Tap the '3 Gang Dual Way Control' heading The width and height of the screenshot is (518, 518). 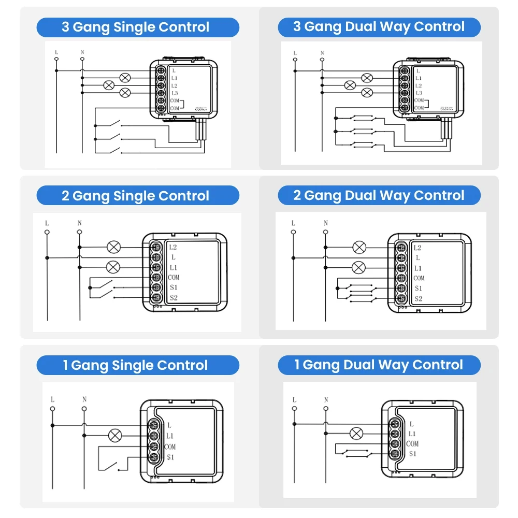[x=379, y=27]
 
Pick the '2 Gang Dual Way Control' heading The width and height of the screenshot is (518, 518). [x=379, y=196]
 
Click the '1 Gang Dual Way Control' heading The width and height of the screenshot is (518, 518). [x=379, y=365]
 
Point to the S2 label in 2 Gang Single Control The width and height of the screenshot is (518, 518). [x=173, y=298]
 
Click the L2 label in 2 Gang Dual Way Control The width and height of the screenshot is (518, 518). [x=418, y=248]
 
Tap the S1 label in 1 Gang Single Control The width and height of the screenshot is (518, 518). [x=170, y=457]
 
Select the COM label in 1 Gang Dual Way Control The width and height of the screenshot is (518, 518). [x=412, y=444]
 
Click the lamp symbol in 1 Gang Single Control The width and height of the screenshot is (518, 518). [x=115, y=435]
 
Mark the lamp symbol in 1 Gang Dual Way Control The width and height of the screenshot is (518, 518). [x=356, y=434]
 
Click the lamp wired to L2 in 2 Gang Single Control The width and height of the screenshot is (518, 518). [x=113, y=247]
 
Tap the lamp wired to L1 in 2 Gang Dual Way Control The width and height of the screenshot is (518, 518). [x=358, y=267]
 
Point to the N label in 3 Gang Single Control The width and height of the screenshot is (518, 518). [x=82, y=52]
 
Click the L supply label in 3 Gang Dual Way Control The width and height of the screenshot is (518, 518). [x=295, y=53]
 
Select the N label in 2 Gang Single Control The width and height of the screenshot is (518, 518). [x=79, y=223]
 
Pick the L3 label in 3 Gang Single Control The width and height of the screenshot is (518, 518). [x=174, y=93]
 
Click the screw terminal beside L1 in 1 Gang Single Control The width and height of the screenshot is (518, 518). [x=154, y=435]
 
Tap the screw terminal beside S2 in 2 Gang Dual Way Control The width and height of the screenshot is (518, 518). [x=401, y=298]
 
